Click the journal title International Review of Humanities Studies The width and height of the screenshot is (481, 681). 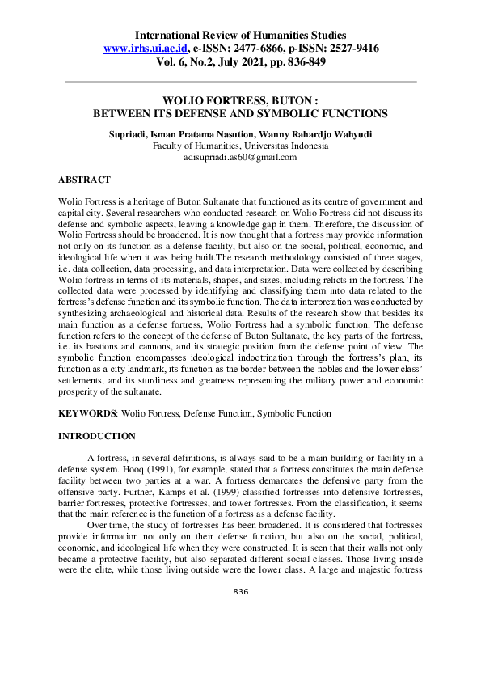[x=240, y=36]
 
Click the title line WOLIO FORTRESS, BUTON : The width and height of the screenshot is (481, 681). [x=240, y=101]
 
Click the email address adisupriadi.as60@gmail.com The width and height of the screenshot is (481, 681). [x=240, y=158]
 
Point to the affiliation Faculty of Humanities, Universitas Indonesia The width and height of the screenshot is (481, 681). [x=240, y=146]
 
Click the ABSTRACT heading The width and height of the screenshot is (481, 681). [x=84, y=180]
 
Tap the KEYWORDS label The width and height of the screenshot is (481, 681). [x=87, y=413]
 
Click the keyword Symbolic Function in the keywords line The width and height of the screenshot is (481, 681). [x=293, y=413]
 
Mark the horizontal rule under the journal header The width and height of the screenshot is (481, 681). [x=240, y=82]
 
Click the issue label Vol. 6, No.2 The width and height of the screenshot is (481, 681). [x=193, y=61]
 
